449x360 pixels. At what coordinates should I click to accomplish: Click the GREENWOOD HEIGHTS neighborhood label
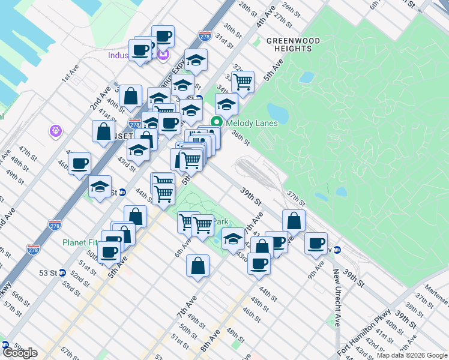tap(294, 44)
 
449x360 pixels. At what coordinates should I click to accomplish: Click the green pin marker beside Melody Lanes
tap(217, 123)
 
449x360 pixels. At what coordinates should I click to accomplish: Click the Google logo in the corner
tap(20, 352)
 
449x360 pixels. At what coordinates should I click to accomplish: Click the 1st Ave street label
tap(70, 73)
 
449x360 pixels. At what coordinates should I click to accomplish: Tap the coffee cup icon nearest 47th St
tap(79, 163)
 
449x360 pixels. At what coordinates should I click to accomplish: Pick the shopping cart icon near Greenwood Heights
tap(243, 81)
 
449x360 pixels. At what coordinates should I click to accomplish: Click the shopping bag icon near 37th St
tap(294, 220)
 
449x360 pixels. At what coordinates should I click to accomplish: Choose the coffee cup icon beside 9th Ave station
tap(316, 243)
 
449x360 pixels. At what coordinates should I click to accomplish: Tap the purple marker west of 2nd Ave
tap(56, 130)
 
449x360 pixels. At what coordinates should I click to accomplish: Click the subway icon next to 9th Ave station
tap(337, 250)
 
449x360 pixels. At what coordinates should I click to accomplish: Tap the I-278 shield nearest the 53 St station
tap(33, 248)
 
